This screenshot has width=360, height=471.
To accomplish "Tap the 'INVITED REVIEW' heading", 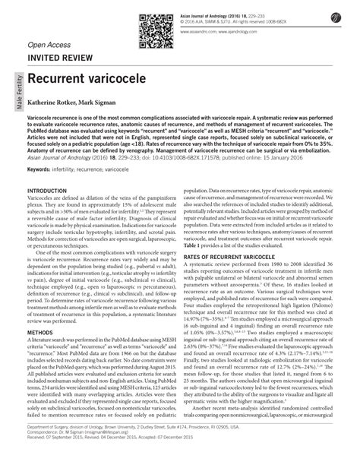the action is (x=60, y=55).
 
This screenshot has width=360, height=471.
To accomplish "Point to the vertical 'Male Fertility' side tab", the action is (x=14, y=94).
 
